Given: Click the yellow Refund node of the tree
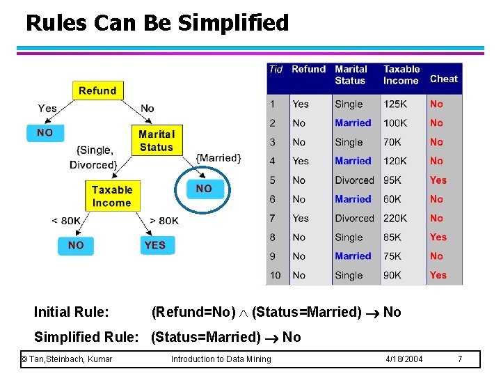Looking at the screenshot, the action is click(97, 91).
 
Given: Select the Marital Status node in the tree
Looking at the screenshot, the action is click(156, 141).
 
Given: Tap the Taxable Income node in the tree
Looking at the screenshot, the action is click(111, 196).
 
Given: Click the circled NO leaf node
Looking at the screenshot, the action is click(204, 189).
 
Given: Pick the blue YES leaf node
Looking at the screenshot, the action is click(154, 245).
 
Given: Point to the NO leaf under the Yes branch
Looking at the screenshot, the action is click(45, 132).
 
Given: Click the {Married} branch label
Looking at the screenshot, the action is click(218, 158).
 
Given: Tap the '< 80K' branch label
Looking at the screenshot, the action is click(66, 221).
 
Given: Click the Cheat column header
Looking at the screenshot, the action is click(443, 79).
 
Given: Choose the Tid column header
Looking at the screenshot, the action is click(276, 69).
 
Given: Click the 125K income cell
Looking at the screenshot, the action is click(395, 104).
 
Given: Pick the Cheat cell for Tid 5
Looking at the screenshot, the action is click(438, 180).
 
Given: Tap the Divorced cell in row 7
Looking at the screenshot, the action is click(354, 218).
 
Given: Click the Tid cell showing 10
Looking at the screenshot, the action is click(276, 275).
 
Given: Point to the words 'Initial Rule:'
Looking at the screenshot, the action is click(71, 312).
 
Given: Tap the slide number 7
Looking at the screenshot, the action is click(459, 359).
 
